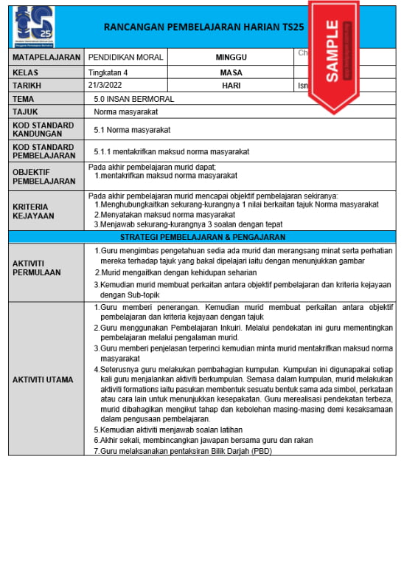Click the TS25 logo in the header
tap(34, 26)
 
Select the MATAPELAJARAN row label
tap(46, 57)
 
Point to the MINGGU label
tap(231, 57)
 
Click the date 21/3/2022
tap(108, 85)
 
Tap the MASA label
tap(231, 72)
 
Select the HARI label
tap(231, 85)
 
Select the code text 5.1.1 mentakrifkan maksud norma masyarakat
tap(171, 151)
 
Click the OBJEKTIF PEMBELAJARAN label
tap(43, 176)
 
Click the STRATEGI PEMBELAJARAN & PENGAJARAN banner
tap(202, 237)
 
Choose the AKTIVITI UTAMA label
tap(43, 379)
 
